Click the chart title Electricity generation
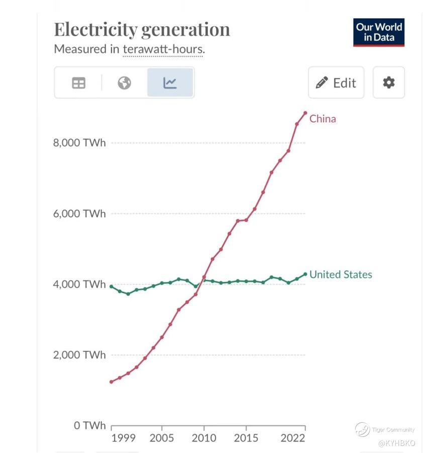pos(142,29)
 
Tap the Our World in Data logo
pos(379,32)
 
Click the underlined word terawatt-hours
pos(163,50)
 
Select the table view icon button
pos(79,83)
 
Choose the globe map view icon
pos(125,83)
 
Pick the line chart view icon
pos(170,83)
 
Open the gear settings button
pos(388,83)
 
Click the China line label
pos(323,119)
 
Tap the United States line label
pos(341,274)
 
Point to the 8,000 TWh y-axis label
pos(80,142)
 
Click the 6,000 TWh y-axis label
pos(80,213)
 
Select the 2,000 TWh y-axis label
pos(80,355)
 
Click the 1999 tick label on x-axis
pos(124,438)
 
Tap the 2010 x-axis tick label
pos(204,438)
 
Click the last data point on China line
pos(305,113)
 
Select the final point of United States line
pos(305,274)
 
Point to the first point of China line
pos(111,382)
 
